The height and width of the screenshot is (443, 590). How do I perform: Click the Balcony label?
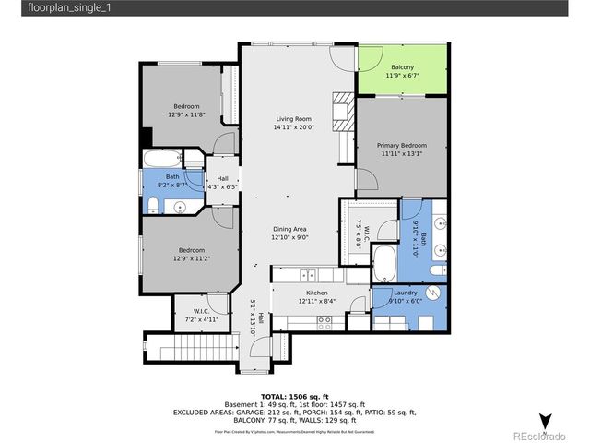pyautogui.click(x=402, y=66)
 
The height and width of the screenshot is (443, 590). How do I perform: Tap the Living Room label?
pyautogui.click(x=292, y=119)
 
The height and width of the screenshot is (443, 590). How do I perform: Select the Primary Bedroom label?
pyautogui.click(x=401, y=145)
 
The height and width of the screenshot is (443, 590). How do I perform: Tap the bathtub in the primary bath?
pyautogui.click(x=384, y=264)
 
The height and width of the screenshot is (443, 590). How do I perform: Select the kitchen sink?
pyautogui.click(x=308, y=274)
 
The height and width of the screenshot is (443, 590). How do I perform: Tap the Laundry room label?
pyautogui.click(x=407, y=293)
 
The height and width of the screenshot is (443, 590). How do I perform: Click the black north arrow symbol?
pyautogui.click(x=546, y=419)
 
